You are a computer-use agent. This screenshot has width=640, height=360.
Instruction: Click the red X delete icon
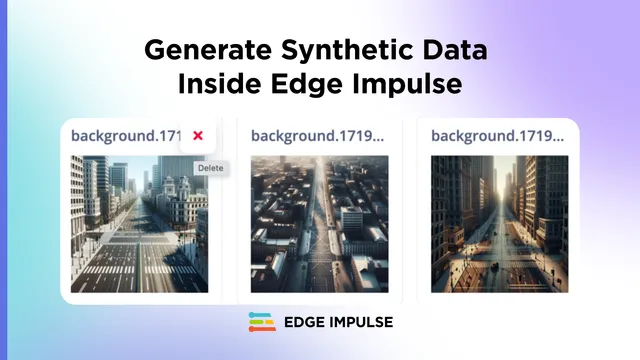198,136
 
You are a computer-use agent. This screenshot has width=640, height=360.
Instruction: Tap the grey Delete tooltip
210,168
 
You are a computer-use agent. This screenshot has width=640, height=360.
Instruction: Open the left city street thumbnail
139,224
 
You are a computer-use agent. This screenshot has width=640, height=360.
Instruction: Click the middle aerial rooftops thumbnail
319,224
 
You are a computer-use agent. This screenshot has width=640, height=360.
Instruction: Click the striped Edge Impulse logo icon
262,323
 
